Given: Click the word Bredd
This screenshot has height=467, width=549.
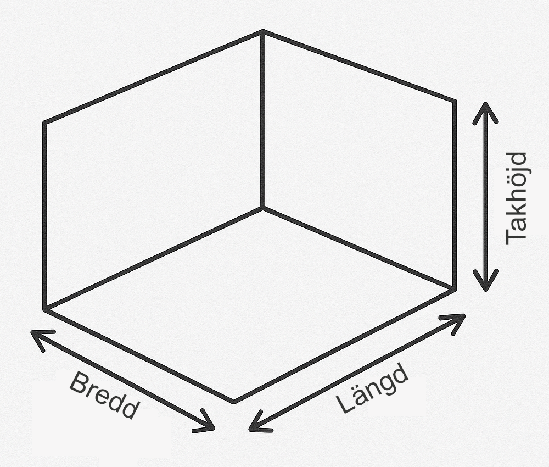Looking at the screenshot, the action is [104, 395].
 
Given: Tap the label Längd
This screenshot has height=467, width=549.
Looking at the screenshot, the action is [372, 388].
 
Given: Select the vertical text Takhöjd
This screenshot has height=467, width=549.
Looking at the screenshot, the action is [517, 198].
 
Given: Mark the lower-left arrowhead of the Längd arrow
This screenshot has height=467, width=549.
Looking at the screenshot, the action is [259, 422].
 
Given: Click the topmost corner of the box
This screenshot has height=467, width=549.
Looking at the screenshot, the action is [263, 31].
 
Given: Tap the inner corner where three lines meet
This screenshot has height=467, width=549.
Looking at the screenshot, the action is [263, 208].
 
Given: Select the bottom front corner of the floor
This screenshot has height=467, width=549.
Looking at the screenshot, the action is [234, 402].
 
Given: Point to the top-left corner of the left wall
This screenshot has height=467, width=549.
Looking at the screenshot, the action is [45, 123].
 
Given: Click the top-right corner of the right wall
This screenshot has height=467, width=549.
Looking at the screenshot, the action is [455, 101].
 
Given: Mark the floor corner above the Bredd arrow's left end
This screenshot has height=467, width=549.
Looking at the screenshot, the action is [45, 309].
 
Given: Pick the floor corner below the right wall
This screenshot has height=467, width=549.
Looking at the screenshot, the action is [455, 289].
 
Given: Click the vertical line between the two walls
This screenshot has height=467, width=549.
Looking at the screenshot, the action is [263, 119].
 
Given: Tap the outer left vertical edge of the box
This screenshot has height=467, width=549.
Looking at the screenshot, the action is [45, 216].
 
